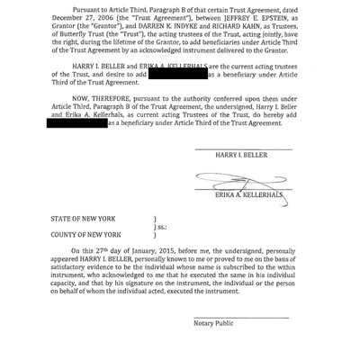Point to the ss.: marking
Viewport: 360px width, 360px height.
162,228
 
